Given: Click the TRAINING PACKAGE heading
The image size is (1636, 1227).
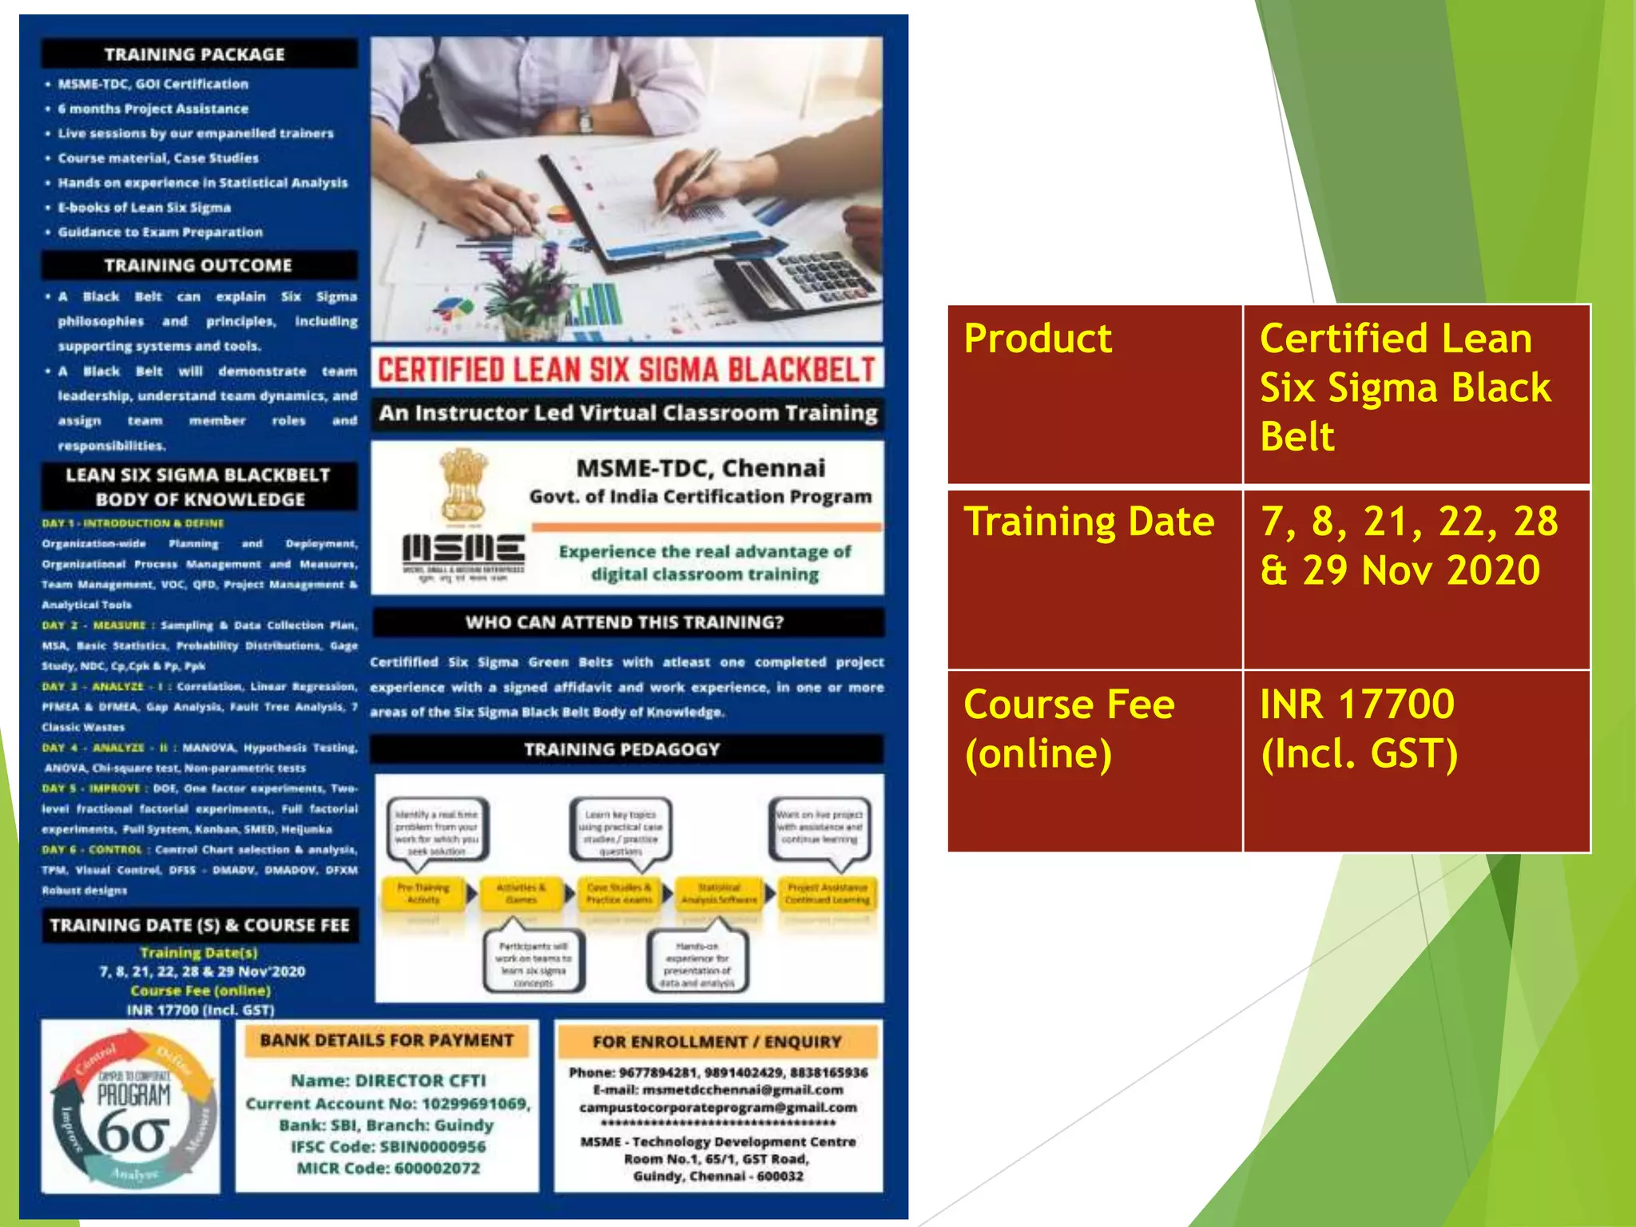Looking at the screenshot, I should (x=195, y=54).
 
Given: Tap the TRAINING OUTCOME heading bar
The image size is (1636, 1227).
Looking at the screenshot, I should (x=198, y=265).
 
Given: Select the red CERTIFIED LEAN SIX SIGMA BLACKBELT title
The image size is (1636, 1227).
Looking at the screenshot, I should (x=627, y=370).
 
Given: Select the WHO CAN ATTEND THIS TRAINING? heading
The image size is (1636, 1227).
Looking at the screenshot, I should (x=627, y=622).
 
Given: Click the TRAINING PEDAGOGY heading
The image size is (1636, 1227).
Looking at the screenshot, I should (x=623, y=749).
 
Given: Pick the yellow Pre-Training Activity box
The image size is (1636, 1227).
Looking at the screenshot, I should (x=423, y=893).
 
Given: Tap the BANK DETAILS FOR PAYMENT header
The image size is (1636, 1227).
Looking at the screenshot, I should (x=387, y=1040).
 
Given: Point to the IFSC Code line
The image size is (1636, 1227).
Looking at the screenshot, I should (x=388, y=1146).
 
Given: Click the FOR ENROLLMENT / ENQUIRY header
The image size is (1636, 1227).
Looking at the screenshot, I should (x=717, y=1042).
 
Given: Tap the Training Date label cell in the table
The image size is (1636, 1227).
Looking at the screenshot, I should (x=1094, y=578).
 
